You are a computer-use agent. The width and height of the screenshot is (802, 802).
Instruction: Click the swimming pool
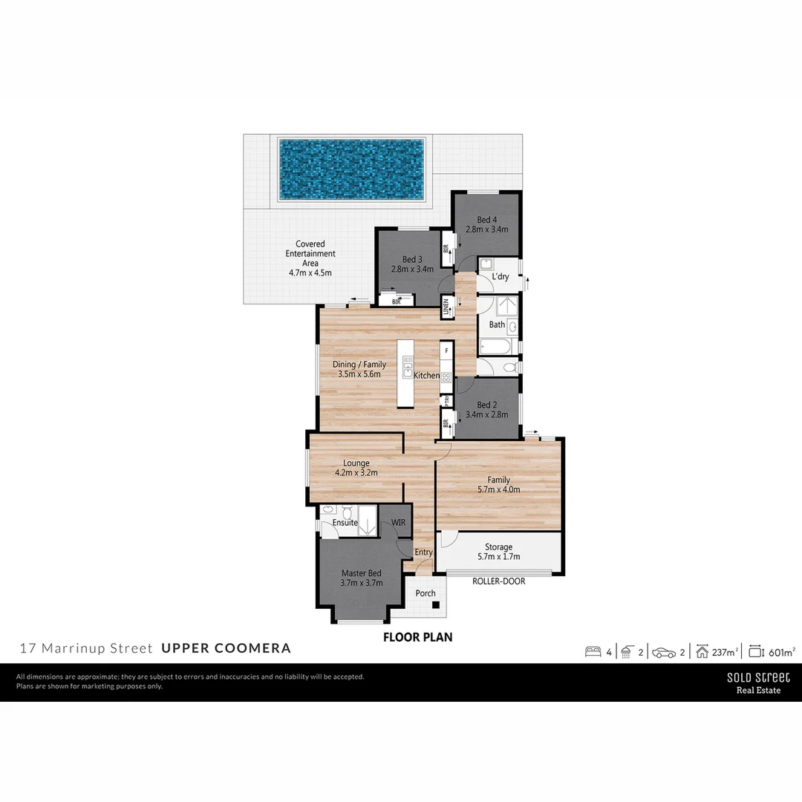(x=351, y=169)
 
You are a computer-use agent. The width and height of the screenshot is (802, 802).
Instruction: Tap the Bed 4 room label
(x=486, y=220)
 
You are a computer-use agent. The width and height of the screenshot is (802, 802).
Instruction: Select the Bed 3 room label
(x=412, y=259)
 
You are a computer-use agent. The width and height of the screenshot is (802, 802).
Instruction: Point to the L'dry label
(x=501, y=277)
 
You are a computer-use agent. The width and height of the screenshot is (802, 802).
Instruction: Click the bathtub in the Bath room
(x=497, y=347)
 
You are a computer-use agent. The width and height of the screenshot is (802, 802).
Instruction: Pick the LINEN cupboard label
(x=446, y=307)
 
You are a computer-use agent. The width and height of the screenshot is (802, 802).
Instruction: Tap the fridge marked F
(x=446, y=350)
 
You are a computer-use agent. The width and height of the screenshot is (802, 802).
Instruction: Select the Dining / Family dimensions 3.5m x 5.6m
(x=359, y=374)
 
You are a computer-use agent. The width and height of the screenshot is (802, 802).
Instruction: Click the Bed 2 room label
(x=486, y=405)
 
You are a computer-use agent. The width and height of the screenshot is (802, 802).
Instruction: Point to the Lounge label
(x=356, y=463)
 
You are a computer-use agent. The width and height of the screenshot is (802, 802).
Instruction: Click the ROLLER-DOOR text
(x=498, y=581)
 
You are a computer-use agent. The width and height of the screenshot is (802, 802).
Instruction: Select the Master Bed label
(x=362, y=573)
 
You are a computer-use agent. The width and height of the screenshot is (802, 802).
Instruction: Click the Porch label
(x=426, y=593)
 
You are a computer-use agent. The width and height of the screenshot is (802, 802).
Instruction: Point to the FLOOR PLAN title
(x=417, y=637)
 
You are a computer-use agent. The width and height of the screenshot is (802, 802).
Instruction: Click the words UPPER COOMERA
(x=226, y=648)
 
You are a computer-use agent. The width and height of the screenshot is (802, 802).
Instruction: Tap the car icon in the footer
(x=664, y=652)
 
